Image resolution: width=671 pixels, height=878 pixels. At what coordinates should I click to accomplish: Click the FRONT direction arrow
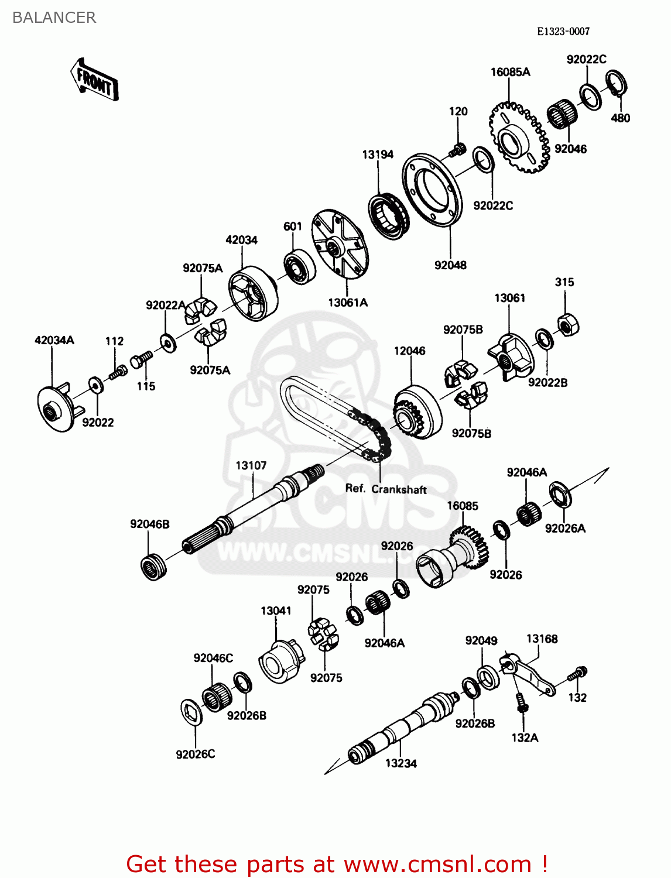94,80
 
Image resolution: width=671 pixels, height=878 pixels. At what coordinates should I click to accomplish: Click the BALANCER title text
54,18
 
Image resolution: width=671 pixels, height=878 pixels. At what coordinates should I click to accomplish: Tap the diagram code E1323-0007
563,32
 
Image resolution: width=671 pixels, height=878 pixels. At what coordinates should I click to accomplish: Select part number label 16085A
510,72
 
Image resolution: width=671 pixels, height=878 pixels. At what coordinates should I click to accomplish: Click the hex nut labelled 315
567,324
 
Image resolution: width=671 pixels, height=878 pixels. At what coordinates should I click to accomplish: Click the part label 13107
251,465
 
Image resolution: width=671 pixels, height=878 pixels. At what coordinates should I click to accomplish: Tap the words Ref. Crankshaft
386,489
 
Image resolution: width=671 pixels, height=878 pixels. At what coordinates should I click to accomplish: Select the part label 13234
401,763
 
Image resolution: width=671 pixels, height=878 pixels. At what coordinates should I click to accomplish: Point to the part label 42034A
54,340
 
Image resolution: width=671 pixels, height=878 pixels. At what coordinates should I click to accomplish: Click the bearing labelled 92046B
154,566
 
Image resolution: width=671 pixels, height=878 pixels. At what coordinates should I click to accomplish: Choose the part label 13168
542,639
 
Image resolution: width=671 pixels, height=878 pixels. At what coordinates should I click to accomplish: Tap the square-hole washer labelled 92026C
192,711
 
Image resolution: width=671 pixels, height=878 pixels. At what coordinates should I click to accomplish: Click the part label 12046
409,351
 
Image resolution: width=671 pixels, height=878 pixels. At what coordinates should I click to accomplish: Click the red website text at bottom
337,864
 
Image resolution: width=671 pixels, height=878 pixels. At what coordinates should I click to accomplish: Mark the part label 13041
276,611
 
